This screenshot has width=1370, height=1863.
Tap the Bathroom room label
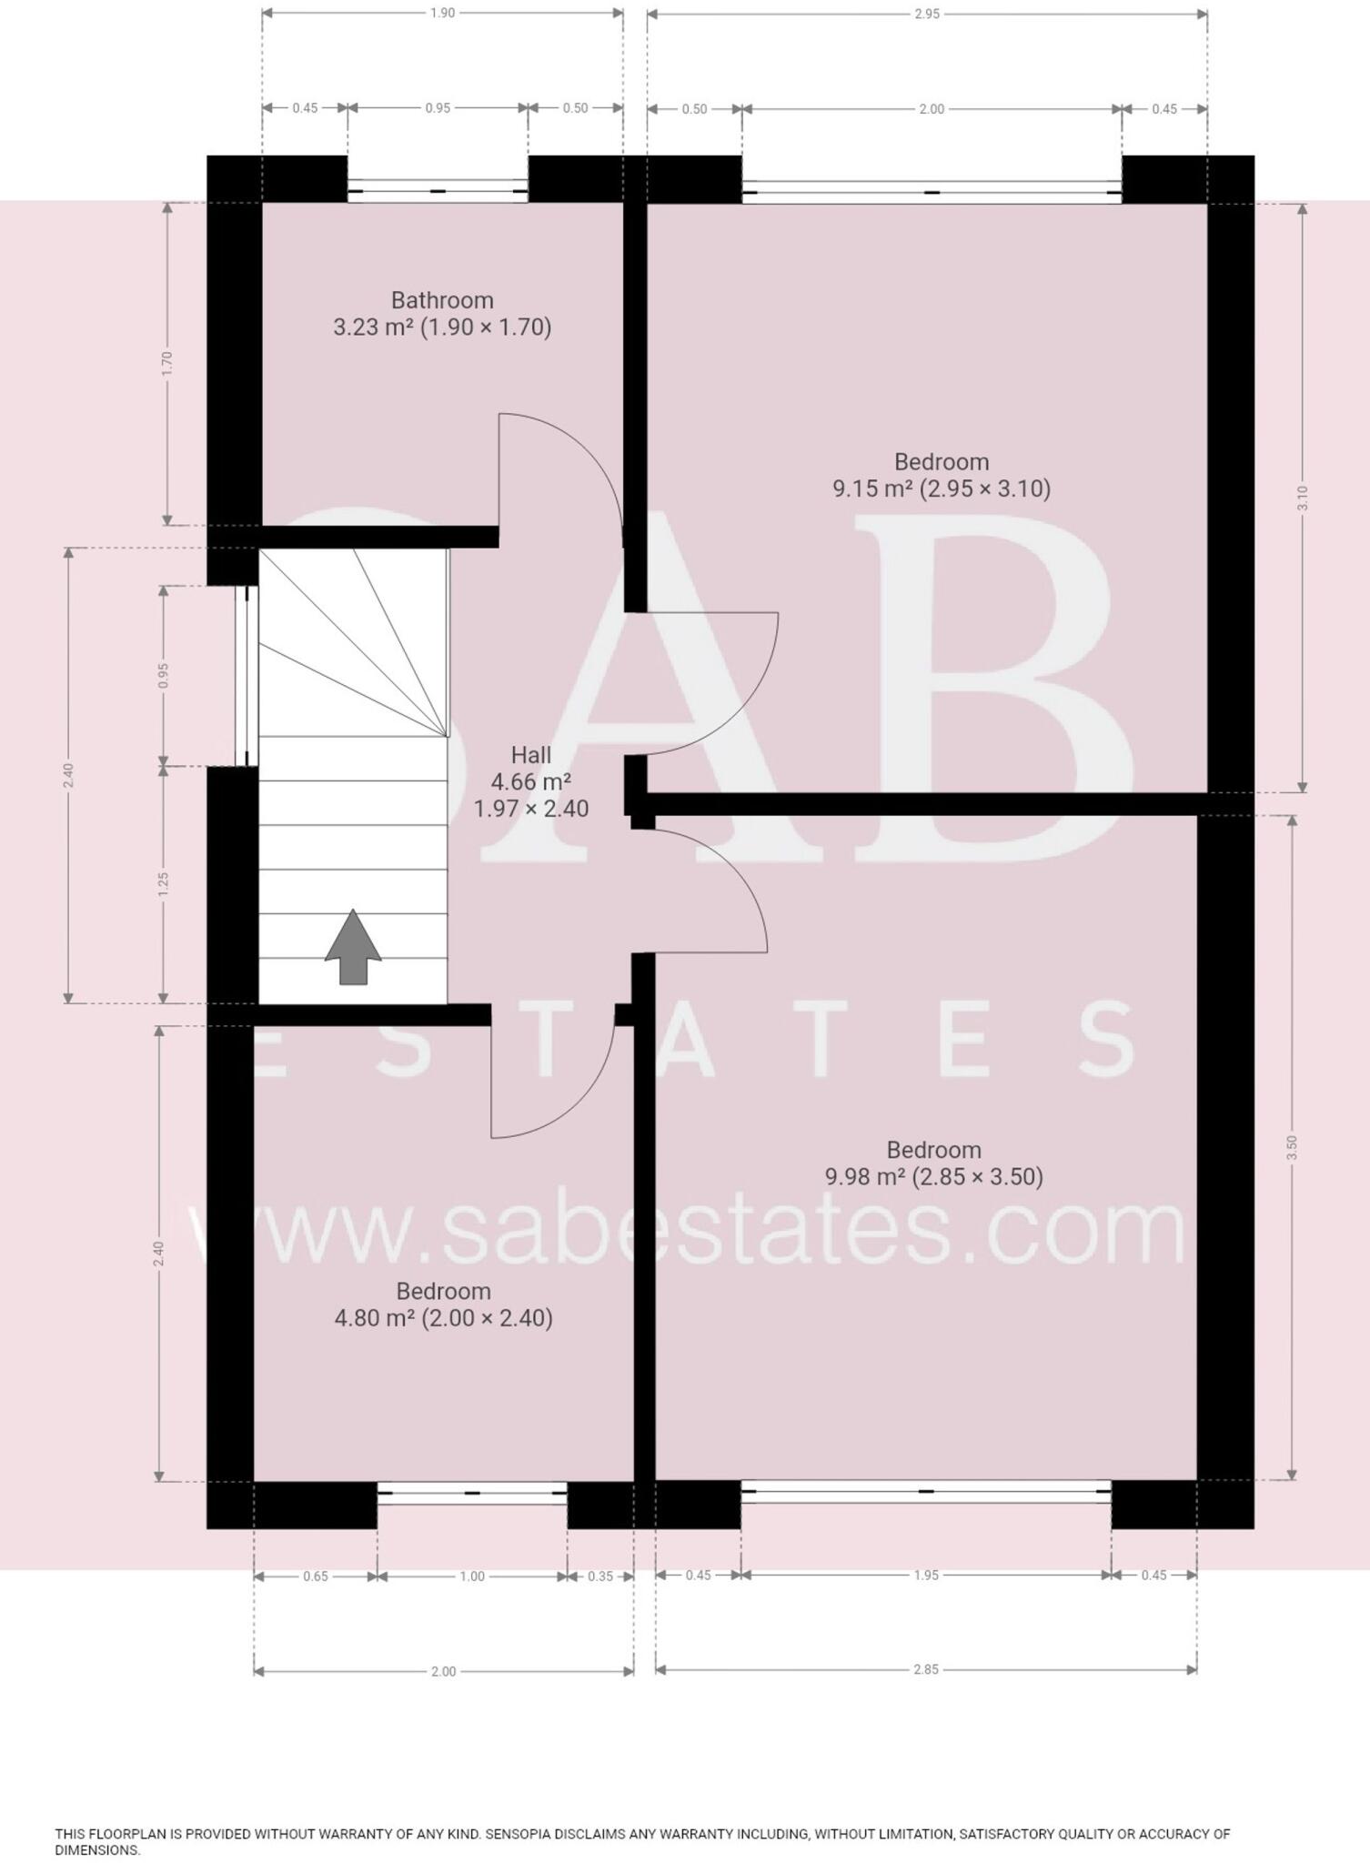tap(442, 300)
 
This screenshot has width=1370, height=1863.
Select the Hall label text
tap(530, 755)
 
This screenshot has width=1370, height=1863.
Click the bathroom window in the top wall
tap(438, 191)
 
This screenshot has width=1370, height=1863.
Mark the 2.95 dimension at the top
tap(927, 14)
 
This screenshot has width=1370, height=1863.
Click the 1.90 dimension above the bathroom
tap(442, 14)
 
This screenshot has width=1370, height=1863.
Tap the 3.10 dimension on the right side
tap(1302, 498)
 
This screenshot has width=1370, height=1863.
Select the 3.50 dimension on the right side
tap(1291, 1147)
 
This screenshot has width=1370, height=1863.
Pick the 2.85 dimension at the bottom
tap(926, 1669)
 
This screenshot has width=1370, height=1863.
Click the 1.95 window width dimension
tap(926, 1575)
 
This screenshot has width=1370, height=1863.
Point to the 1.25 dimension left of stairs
tap(164, 884)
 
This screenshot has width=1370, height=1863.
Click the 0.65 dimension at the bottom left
tap(316, 1576)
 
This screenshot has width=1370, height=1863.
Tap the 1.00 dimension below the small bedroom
tap(472, 1576)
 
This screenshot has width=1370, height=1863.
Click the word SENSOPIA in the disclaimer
tap(520, 1834)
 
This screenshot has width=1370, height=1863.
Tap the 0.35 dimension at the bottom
tap(600, 1576)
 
